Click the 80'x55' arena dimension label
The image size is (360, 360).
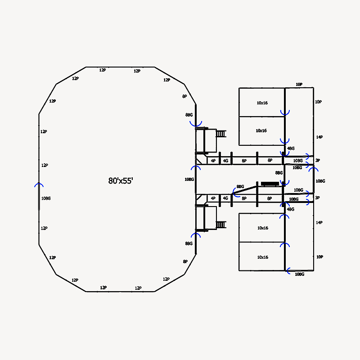coord(121,181)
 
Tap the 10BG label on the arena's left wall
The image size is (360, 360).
coord(46,198)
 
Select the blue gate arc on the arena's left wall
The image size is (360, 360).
coord(39,184)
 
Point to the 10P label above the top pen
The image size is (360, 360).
coord(299,85)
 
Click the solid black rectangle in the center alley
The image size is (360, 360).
coord(270,184)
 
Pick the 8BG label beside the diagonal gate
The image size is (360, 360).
coord(240,186)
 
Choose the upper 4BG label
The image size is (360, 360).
coord(291,148)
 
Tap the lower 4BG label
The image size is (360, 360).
coord(290,209)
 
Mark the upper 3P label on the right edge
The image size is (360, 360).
coord(318,160)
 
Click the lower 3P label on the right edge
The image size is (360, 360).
coord(317,198)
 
